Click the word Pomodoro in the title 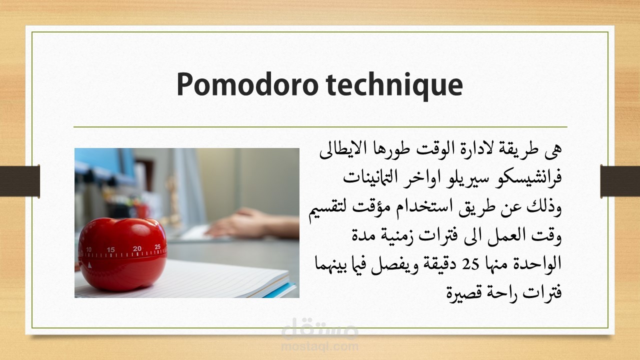247,85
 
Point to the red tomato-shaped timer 122,254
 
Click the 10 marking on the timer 89,249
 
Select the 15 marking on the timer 110,249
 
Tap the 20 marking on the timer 137,248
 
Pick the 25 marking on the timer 157,246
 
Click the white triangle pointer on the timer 89,265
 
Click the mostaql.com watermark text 319,346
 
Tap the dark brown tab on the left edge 20,181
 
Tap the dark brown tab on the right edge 620,181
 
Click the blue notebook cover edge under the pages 281,291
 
